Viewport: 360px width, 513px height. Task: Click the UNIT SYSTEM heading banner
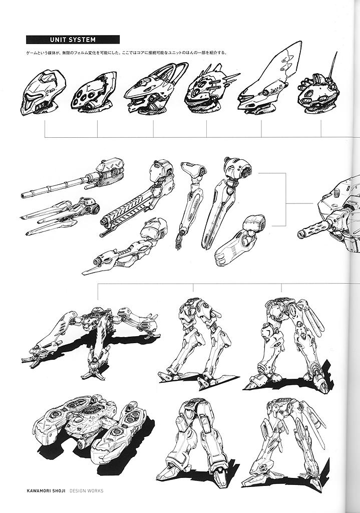tap(73, 40)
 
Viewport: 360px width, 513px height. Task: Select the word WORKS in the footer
tap(95, 491)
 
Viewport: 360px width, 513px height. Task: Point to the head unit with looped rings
tap(155, 88)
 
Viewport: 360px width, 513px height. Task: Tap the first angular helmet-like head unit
tap(43, 93)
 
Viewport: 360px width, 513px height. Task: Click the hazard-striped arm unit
tap(137, 199)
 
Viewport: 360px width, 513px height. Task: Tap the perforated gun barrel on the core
tap(314, 228)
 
